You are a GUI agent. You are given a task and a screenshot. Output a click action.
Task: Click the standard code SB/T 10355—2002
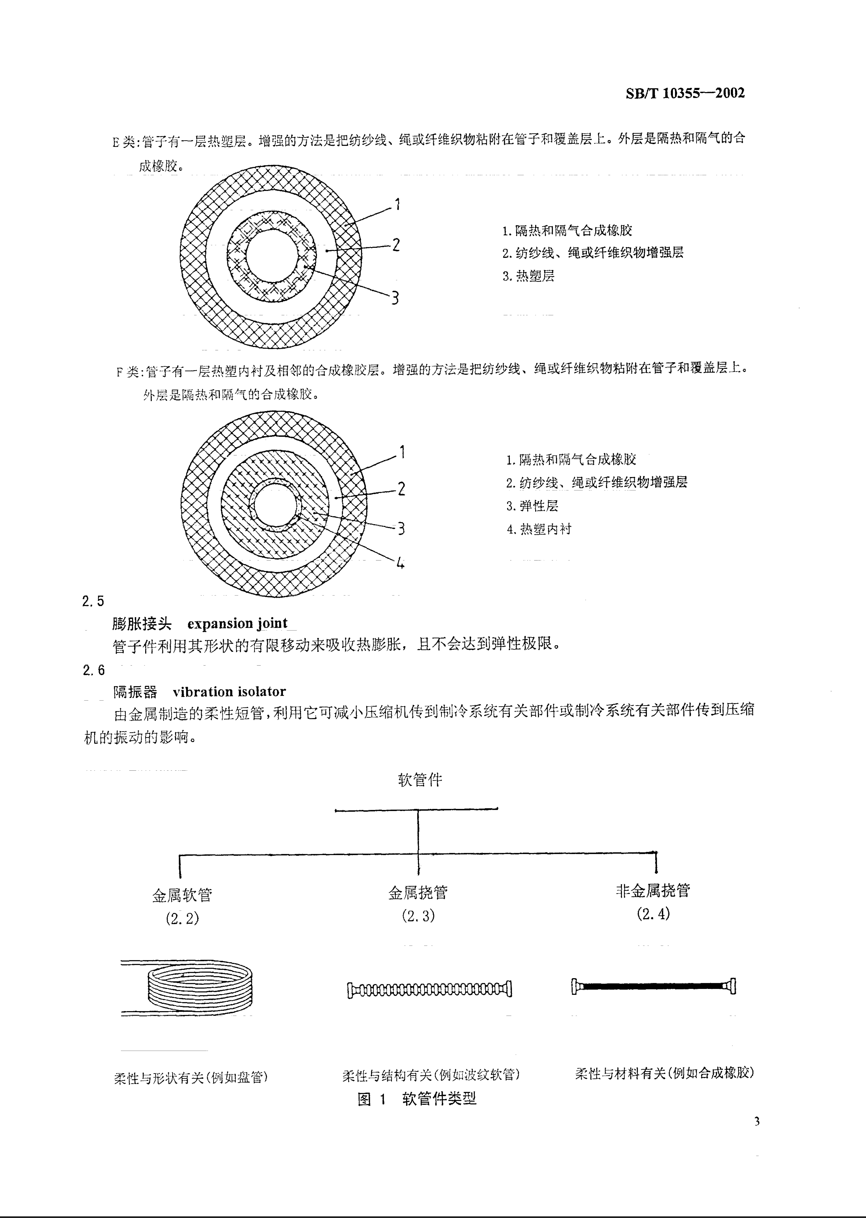click(685, 93)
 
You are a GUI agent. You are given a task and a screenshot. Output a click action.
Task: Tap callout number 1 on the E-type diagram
click(397, 204)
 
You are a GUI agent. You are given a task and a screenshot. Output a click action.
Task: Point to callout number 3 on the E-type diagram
click(395, 297)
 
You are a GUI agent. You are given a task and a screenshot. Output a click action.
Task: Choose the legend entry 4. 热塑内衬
click(539, 529)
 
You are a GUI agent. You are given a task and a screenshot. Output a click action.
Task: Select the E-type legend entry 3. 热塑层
click(528, 276)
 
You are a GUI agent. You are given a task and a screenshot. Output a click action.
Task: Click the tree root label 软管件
click(420, 780)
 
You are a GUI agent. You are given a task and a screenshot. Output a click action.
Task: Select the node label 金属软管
click(182, 895)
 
